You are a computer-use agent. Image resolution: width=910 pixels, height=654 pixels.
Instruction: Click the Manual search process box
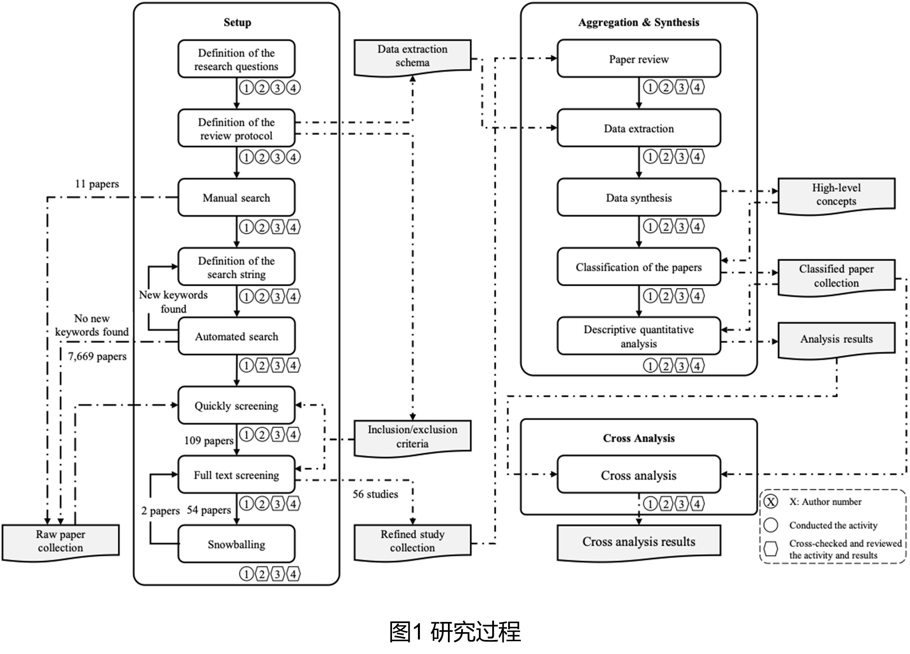pos(236,198)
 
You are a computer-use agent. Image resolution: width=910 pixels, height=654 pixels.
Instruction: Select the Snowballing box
pos(236,544)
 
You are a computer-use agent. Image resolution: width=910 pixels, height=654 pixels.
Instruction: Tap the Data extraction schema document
pos(412,56)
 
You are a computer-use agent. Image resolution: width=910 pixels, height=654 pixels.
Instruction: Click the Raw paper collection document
pos(60,541)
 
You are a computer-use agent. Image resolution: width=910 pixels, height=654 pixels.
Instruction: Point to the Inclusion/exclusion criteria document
pos(412,437)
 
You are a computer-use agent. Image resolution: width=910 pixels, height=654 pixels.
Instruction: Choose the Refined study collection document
pos(412,541)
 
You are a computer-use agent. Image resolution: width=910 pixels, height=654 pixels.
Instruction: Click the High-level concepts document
pos(836,195)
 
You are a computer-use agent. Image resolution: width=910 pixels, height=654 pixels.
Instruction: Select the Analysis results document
pos(836,339)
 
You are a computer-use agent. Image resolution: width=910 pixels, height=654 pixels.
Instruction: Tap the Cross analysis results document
pos(638,541)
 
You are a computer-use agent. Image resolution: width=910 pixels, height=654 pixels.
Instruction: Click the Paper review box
pos(638,59)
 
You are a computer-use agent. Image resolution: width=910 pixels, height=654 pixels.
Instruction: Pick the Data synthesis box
pos(638,198)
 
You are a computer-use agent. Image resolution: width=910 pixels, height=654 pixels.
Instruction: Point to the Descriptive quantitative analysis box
pos(638,336)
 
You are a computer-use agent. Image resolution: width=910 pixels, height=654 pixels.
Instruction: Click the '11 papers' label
pos(97,184)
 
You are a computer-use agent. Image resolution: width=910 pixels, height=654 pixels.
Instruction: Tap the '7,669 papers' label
pos(97,356)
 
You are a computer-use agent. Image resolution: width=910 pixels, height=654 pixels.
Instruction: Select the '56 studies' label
pos(375,494)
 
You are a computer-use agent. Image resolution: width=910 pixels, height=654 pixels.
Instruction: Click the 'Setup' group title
pos(237,22)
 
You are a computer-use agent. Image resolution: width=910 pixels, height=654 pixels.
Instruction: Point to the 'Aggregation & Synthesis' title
pos(638,22)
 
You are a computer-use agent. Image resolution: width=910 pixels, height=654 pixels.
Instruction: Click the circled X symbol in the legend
pos(771,502)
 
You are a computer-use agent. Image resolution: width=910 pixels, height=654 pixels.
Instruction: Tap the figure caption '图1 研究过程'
pos(455,631)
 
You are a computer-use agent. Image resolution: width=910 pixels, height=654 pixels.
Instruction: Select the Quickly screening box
pos(236,405)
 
